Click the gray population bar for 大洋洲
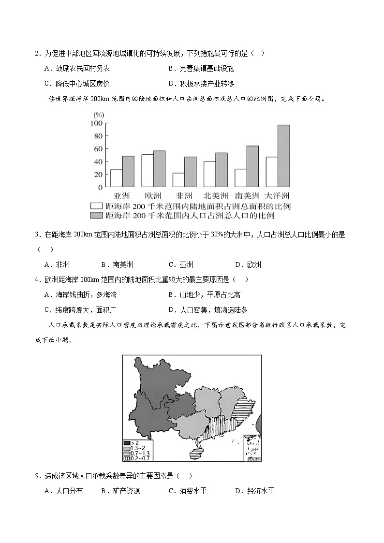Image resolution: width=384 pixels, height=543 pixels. tap(283, 156)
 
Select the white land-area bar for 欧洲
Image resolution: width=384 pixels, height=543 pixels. tap(148, 171)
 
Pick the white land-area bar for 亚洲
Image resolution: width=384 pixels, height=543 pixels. tap(116, 178)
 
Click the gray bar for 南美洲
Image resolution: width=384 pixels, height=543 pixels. tap(252, 166)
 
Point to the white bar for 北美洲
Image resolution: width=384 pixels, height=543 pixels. tap(209, 174)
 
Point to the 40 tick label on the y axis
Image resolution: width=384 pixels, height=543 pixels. tap(98, 161)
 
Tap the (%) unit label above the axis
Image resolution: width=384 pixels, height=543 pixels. tap(99, 115)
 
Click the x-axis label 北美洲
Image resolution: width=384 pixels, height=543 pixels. tap(215, 196)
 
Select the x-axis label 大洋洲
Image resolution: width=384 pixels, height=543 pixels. tap(278, 196)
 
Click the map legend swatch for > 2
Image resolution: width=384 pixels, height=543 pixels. tap(127, 443)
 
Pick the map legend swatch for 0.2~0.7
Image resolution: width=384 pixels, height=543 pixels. tap(127, 457)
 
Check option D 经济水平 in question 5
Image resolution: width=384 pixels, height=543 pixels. tap(255, 491)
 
